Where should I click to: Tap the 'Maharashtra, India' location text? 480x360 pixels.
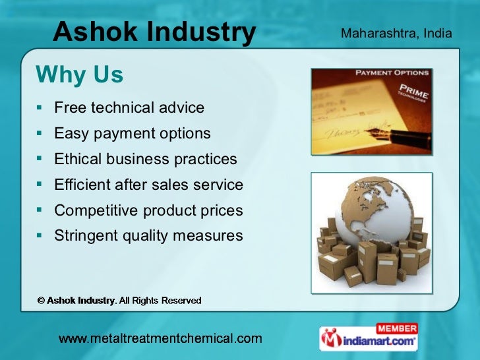click(x=396, y=32)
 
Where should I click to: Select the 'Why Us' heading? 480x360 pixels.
click(x=79, y=76)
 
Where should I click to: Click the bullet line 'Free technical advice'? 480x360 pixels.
click(x=129, y=107)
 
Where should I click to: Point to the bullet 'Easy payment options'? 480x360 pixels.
click(x=133, y=133)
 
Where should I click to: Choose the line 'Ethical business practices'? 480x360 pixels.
click(x=145, y=159)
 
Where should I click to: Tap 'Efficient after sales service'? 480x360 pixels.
click(x=148, y=185)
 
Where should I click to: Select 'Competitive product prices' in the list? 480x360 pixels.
click(x=148, y=210)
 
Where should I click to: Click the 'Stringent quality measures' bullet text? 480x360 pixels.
click(x=148, y=235)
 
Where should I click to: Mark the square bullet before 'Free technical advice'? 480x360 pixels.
click(x=41, y=107)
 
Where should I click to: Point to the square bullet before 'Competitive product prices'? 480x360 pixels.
click(x=41, y=210)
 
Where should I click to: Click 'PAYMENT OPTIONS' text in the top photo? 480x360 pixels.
click(x=392, y=73)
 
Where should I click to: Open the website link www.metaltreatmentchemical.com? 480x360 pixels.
click(x=160, y=340)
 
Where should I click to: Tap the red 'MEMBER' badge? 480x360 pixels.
click(x=396, y=328)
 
